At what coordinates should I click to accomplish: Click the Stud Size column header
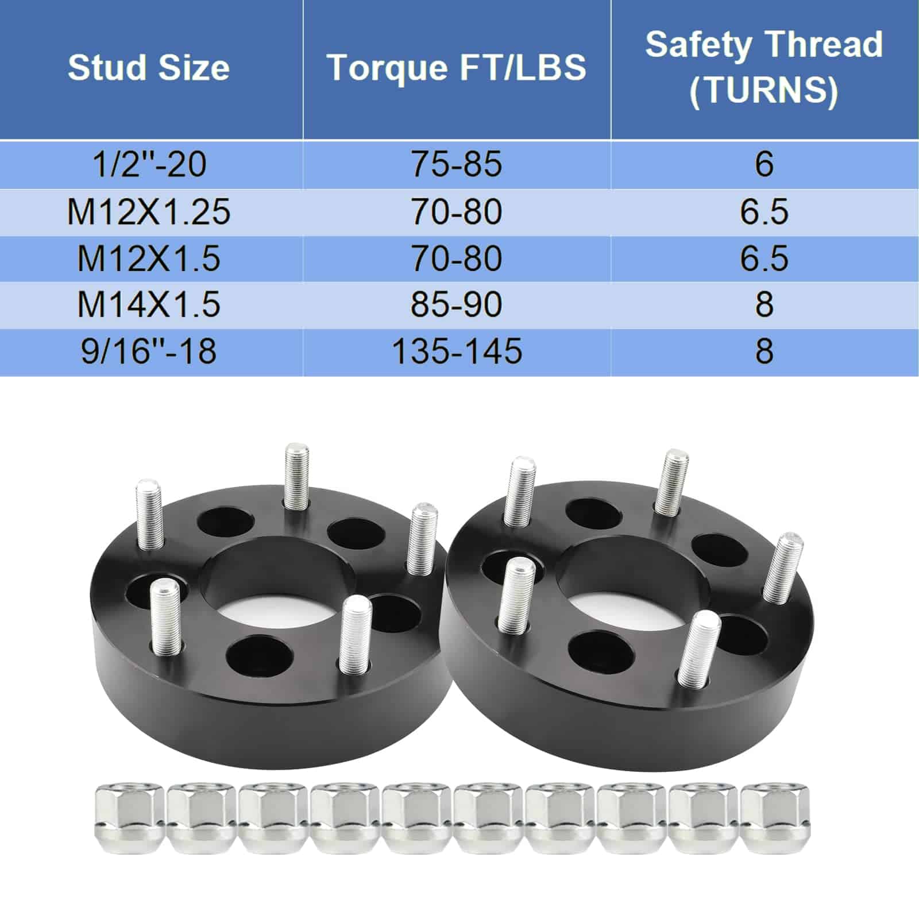click(x=149, y=68)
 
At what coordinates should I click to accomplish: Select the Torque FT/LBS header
click(x=457, y=68)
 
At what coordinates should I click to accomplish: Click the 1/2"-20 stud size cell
click(x=149, y=164)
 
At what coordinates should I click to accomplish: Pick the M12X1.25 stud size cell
click(x=149, y=211)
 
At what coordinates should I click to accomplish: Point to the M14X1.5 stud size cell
click(x=149, y=304)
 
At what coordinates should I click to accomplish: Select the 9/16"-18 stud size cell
click(x=149, y=351)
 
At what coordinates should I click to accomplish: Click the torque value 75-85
click(x=457, y=164)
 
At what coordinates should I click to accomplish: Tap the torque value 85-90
click(x=457, y=304)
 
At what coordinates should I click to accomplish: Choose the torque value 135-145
click(x=457, y=351)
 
